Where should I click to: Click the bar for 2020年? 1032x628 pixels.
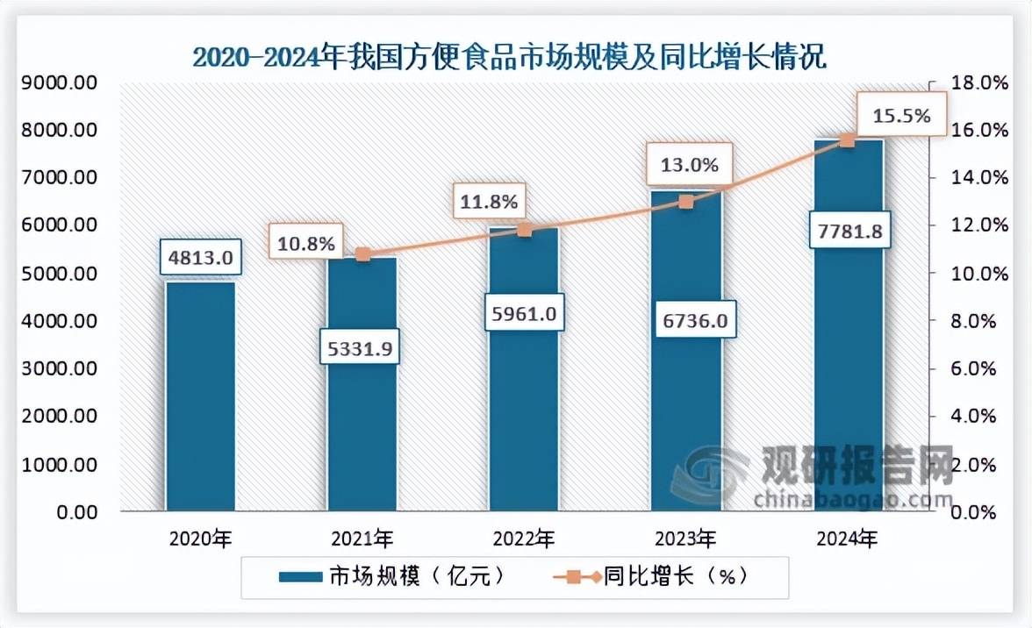tap(200, 395)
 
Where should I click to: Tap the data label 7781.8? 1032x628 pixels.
tap(848, 232)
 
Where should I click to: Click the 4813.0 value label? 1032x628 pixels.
tap(200, 258)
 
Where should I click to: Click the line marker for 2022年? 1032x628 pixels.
tap(525, 230)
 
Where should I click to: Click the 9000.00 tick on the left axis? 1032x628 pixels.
tap(59, 83)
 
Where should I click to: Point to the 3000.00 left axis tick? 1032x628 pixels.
tap(59, 369)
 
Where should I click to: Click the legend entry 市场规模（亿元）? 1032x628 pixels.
tap(391, 576)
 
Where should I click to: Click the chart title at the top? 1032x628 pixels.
tap(509, 58)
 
